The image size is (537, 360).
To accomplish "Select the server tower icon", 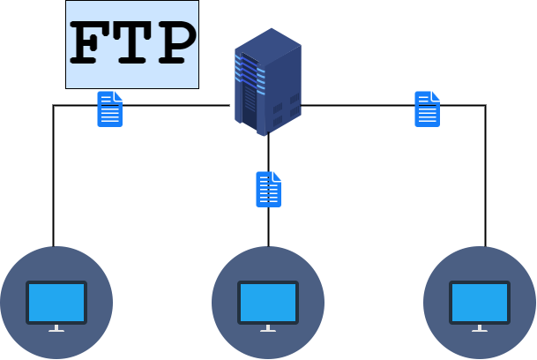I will click(267, 81).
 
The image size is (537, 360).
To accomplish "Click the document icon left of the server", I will click(109, 109).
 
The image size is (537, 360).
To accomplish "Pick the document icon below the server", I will click(268, 190).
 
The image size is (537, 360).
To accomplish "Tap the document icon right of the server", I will click(427, 109).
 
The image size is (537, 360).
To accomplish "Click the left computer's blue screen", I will click(56, 302).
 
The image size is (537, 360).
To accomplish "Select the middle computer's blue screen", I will click(268, 302).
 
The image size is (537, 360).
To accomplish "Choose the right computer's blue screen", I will click(480, 302).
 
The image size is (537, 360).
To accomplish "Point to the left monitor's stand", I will click(56, 328).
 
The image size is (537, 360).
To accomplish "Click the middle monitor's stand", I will click(268, 328).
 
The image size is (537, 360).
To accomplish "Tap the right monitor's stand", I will click(480, 328).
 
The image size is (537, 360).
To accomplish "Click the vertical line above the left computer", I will click(54, 176).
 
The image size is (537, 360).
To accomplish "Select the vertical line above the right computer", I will click(485, 176).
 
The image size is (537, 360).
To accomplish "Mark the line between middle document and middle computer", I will click(268, 228).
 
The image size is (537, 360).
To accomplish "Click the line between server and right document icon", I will click(357, 106).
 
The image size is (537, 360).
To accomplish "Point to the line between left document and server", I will click(176, 106).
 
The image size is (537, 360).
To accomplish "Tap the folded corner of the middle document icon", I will click(277, 176).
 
